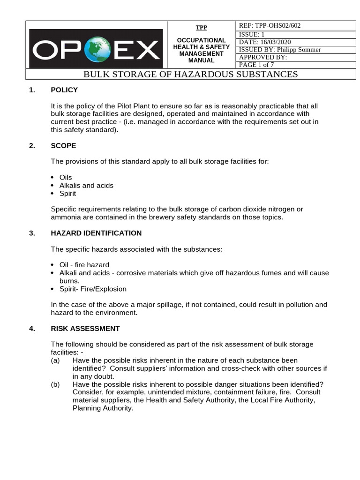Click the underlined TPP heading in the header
(x=201, y=27)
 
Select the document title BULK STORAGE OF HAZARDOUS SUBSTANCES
(x=190, y=75)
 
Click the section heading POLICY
(x=64, y=90)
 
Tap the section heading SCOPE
(x=63, y=146)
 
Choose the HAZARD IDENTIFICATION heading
(x=96, y=233)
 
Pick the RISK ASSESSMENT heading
(x=85, y=329)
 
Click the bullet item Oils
(x=66, y=178)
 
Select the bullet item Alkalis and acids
(x=86, y=186)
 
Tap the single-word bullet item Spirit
(x=67, y=194)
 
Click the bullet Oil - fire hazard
(x=84, y=265)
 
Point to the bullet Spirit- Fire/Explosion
(x=93, y=289)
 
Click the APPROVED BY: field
(x=262, y=57)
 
